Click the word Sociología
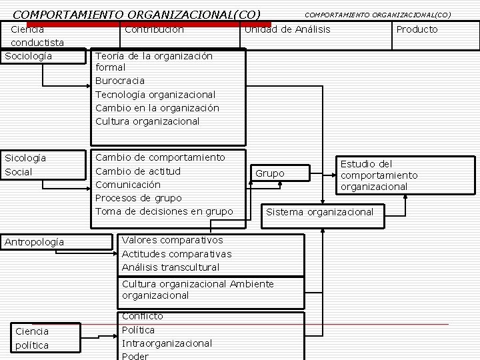point(29,56)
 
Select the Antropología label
point(35,242)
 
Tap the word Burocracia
point(120,81)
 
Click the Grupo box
point(270,173)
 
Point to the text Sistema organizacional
point(320,212)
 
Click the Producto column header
point(417,29)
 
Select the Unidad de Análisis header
point(287,29)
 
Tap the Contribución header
point(154,29)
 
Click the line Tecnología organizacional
point(155,95)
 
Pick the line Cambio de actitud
point(138,171)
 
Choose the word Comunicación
point(128,185)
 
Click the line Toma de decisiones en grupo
point(164,211)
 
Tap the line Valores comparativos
point(173,240)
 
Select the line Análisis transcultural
point(171,267)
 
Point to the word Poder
point(135,356)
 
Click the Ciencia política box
point(32,338)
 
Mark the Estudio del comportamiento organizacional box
point(379,175)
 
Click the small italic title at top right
point(377,15)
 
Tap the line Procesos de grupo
point(139,198)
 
